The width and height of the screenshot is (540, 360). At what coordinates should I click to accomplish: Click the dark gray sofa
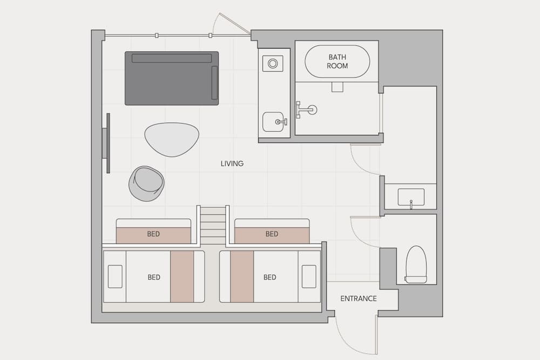[x=172, y=78]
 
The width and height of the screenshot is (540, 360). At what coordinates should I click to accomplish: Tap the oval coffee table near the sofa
[x=172, y=139]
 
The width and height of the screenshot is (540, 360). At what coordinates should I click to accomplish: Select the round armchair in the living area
[x=146, y=184]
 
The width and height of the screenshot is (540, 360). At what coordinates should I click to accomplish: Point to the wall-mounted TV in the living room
[x=107, y=143]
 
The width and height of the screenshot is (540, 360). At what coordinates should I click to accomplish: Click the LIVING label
[x=232, y=164]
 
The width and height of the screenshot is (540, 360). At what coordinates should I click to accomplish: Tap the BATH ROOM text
[x=337, y=62]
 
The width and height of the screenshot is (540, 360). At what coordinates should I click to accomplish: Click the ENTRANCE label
[x=359, y=298]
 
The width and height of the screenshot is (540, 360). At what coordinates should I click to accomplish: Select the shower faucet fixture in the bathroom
[x=306, y=110]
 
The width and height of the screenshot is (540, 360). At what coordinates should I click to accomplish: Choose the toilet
[x=416, y=264]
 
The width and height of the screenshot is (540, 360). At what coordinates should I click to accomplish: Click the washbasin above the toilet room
[x=411, y=197]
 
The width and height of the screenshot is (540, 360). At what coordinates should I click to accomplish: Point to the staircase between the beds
[x=213, y=224]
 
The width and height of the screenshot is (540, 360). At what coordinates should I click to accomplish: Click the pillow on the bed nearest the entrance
[x=309, y=276]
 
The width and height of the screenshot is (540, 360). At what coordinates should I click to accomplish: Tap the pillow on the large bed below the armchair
[x=115, y=276]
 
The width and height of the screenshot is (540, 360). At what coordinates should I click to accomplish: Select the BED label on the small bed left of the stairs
[x=153, y=234]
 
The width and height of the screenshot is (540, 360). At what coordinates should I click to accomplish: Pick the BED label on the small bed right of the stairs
[x=272, y=234]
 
